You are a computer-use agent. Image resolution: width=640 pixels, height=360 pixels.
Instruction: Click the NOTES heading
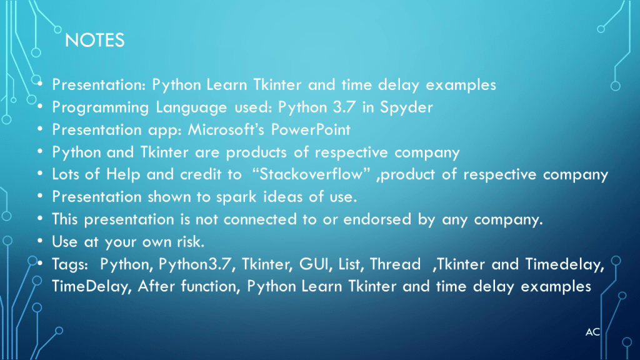tap(95, 41)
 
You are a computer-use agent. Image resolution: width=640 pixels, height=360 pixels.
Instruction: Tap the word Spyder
tap(406, 108)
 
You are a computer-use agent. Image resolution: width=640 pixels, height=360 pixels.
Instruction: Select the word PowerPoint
tap(311, 130)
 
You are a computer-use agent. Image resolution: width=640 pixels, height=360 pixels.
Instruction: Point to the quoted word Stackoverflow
tap(311, 174)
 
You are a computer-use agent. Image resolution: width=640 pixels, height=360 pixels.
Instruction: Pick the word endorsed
tap(377, 219)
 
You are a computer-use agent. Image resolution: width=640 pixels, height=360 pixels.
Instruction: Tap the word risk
tap(191, 242)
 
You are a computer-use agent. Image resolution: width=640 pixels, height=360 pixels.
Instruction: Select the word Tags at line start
tap(70, 265)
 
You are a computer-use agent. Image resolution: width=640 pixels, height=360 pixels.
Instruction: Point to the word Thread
tap(395, 264)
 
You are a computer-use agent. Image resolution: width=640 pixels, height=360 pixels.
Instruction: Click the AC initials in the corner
tap(592, 332)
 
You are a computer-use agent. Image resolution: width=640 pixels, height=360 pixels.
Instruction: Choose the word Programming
tap(101, 108)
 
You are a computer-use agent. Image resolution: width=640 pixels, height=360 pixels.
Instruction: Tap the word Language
tap(191, 108)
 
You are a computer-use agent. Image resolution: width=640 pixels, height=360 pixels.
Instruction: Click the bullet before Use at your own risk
tap(39, 241)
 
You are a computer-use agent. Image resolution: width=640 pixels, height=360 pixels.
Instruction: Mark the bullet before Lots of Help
tap(39, 174)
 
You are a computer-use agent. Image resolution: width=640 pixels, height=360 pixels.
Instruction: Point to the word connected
tap(259, 219)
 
